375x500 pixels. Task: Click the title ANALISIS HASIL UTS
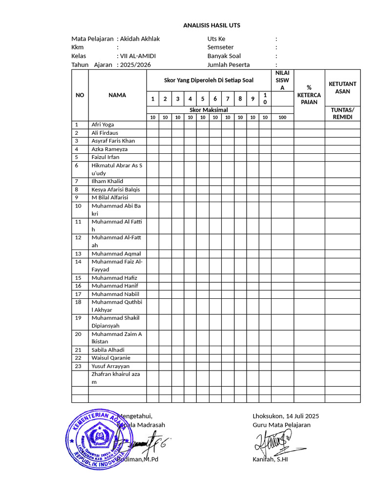(211, 25)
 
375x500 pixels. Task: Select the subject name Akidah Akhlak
(140, 39)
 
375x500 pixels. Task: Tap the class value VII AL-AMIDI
(138, 56)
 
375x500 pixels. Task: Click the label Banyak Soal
(224, 56)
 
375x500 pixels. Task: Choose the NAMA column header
(117, 95)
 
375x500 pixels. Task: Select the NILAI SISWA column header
(282, 80)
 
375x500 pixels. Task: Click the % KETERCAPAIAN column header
(309, 95)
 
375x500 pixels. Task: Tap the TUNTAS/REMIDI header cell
(342, 113)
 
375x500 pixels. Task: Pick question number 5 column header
(202, 99)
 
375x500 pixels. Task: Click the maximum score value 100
(282, 118)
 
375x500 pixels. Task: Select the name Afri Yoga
(103, 125)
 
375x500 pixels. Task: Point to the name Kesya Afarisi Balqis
(116, 189)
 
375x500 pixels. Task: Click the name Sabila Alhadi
(108, 350)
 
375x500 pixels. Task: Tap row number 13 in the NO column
(78, 254)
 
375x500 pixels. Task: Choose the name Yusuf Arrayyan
(111, 366)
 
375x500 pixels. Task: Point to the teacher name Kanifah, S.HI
(270, 459)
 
